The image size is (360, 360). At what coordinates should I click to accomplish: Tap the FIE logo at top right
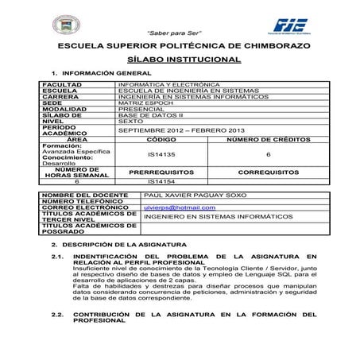295,25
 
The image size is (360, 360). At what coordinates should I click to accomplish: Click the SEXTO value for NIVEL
133,122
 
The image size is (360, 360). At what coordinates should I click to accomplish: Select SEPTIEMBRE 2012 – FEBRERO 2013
180,130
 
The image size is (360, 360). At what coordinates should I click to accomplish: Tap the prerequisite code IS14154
161,182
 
